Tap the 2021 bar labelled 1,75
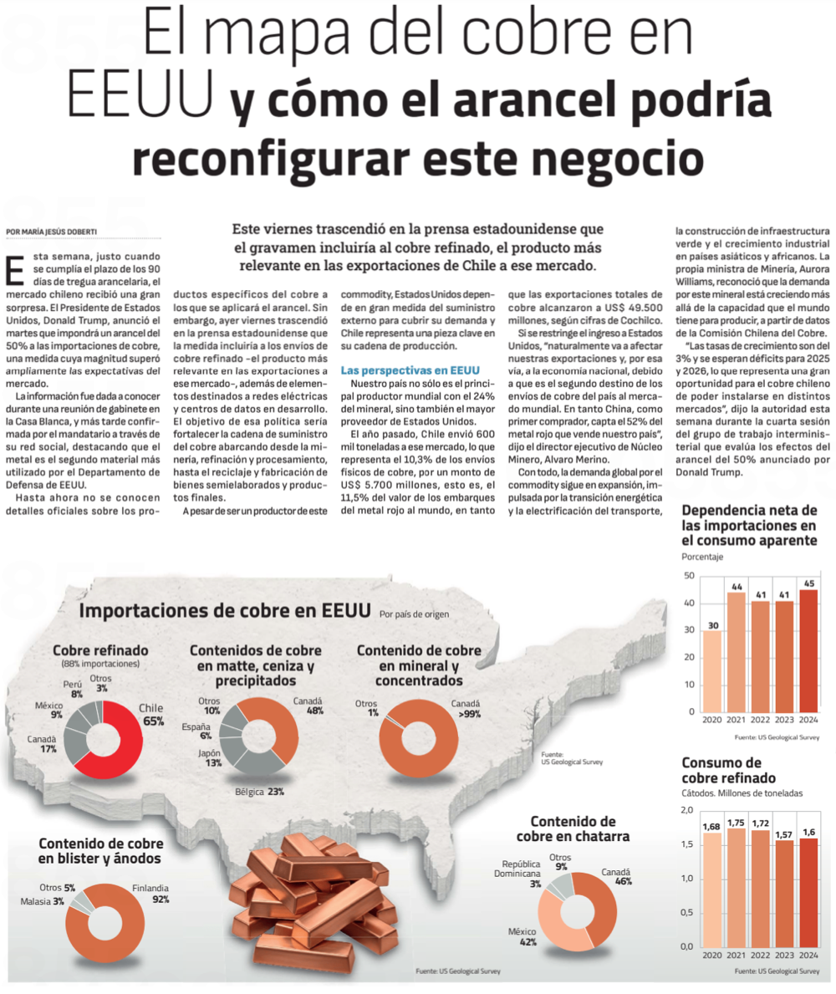[737, 886]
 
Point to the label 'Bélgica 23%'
[259, 791]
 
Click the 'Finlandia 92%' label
[151, 894]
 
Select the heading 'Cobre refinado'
[100, 650]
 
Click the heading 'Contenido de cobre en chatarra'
[573, 828]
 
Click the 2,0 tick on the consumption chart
[686, 810]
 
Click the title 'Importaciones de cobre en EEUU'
[224, 610]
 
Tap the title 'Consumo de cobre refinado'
[721, 770]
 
